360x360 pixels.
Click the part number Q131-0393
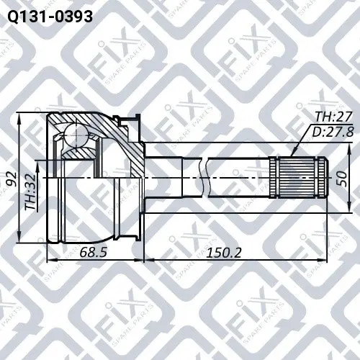click(x=50, y=17)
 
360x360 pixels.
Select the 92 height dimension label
click(x=12, y=179)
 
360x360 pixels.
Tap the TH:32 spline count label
click(x=30, y=192)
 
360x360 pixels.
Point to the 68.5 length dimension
click(x=94, y=252)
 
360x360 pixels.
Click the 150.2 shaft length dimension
click(x=224, y=252)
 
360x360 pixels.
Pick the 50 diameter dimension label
click(x=342, y=179)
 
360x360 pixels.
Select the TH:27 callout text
click(x=333, y=117)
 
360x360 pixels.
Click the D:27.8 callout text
click(x=333, y=132)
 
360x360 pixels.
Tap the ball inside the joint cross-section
click(x=76, y=135)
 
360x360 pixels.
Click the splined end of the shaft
click(x=298, y=178)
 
